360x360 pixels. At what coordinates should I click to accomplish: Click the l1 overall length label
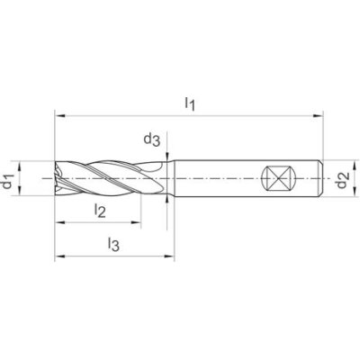pyautogui.click(x=190, y=103)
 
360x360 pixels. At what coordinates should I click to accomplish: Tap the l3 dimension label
pyautogui.click(x=112, y=244)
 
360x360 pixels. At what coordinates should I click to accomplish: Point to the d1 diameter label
pyautogui.click(x=8, y=184)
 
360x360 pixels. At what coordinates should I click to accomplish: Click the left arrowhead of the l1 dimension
pyautogui.click(x=59, y=115)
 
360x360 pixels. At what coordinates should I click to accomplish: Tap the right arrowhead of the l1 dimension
pyautogui.click(x=319, y=115)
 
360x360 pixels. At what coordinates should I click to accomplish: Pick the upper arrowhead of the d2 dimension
pyautogui.click(x=330, y=164)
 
